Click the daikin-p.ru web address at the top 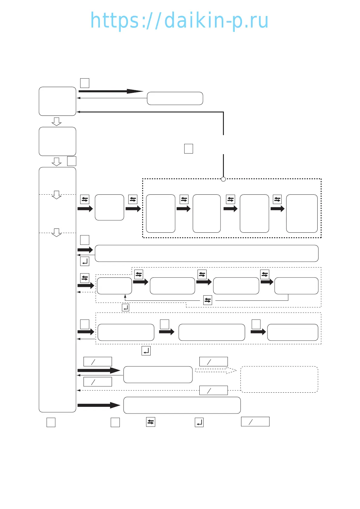coord(179,21)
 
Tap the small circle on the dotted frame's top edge coord(223,179)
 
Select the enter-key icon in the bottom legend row coord(199,422)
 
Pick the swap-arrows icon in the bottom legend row coord(151,422)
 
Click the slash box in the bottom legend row coord(255,422)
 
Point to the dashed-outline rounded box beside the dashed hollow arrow coord(279,379)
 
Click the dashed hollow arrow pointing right coord(216,370)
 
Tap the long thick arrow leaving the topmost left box coord(110,91)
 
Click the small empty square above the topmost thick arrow coord(85,83)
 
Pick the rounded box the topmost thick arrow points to coord(175,99)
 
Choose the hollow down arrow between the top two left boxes coord(57,122)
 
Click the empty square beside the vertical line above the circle coord(188,149)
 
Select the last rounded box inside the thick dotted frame coord(302,213)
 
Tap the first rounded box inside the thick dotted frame coord(161,213)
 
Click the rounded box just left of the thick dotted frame coord(110,207)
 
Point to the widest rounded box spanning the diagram coord(207,253)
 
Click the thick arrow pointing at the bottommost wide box coord(99,405)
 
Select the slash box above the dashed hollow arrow coord(213,361)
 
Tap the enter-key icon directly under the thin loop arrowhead coord(126,308)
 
